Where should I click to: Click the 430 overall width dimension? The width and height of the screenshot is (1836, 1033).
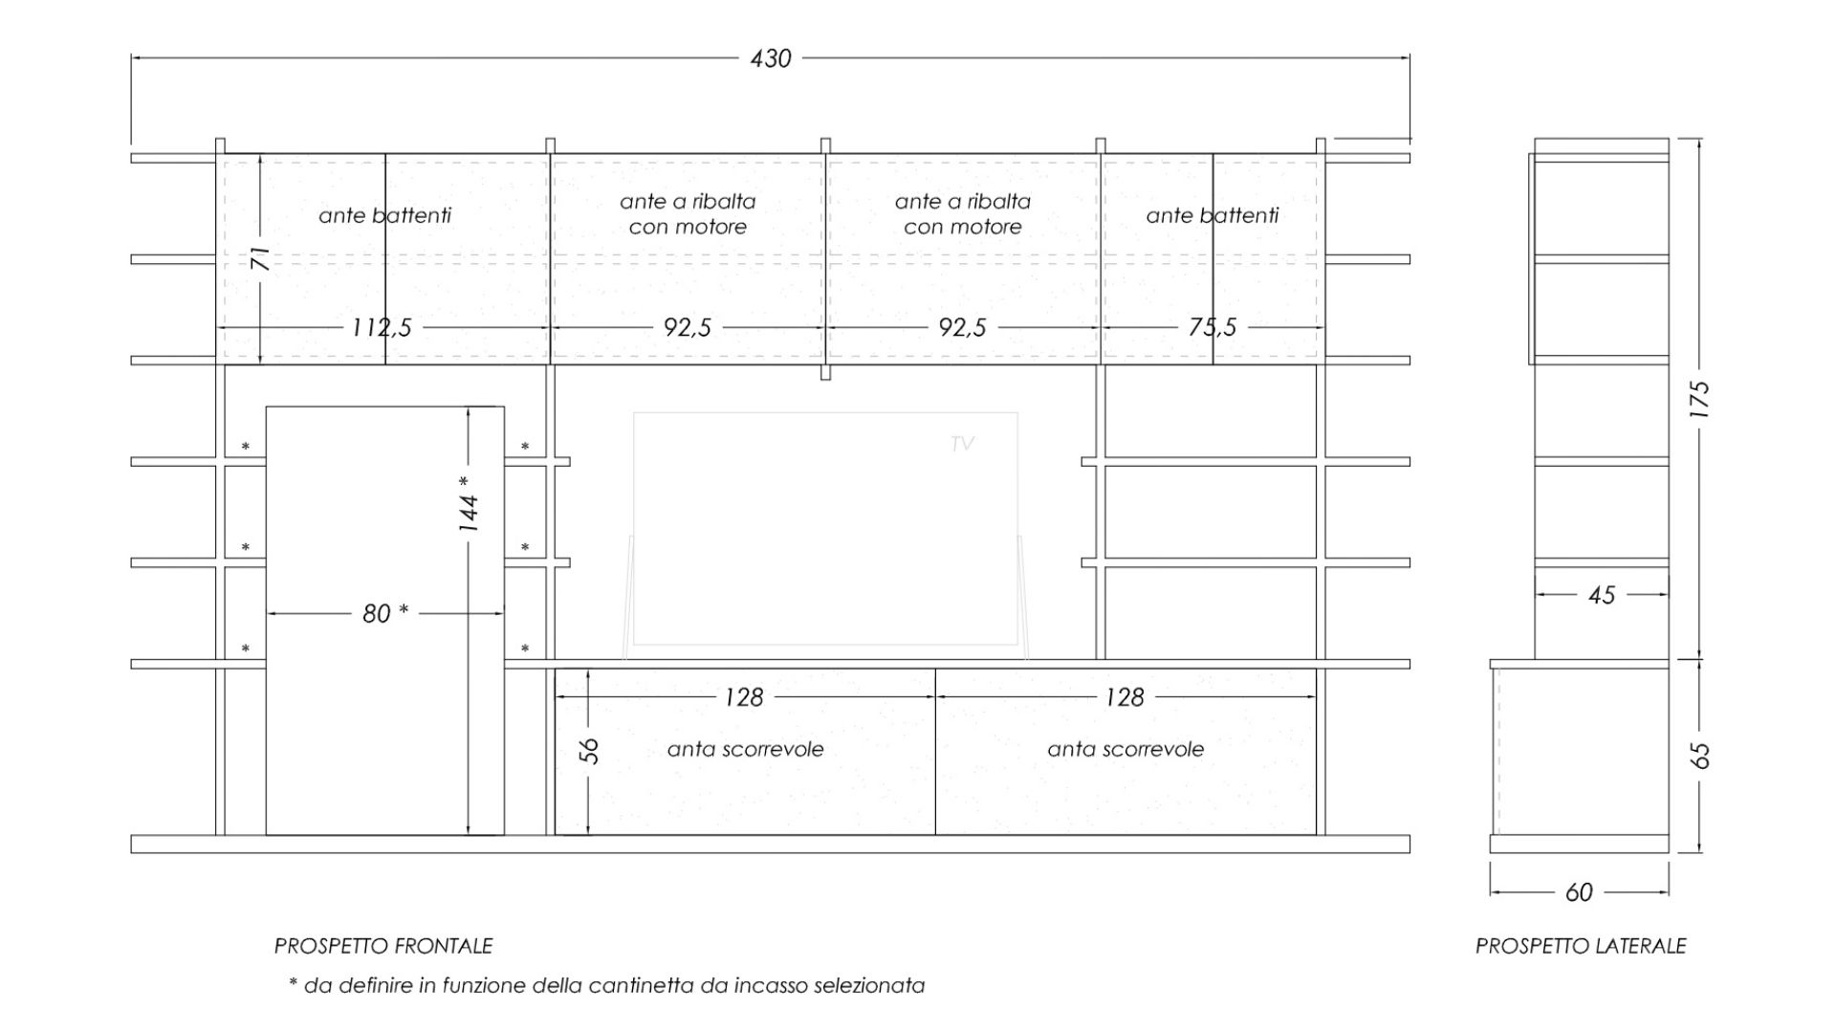[771, 58]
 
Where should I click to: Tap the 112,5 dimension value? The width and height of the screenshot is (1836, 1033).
[382, 328]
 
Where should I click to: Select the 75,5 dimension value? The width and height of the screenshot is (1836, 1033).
[1213, 328]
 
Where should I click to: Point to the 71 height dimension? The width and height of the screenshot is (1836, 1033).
[260, 259]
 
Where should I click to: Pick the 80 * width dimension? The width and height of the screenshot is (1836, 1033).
[385, 613]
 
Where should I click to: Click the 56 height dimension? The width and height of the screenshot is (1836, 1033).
[590, 751]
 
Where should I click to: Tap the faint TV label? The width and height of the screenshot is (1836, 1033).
[962, 444]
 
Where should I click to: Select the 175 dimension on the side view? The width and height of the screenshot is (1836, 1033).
[1699, 400]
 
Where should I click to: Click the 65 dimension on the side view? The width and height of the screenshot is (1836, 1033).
[1699, 756]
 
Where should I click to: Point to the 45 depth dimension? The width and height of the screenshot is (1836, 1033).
[1602, 595]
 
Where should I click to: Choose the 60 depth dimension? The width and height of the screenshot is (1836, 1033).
[1579, 892]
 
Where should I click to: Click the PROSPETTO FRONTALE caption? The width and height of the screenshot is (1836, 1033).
[383, 946]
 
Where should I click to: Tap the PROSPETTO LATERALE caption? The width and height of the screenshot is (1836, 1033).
[1581, 946]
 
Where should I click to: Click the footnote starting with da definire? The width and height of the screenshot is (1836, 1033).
[606, 985]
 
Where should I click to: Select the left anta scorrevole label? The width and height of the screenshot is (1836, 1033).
[746, 749]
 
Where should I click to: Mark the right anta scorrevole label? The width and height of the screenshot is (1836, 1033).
[1126, 749]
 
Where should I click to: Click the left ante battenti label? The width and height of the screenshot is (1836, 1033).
[384, 215]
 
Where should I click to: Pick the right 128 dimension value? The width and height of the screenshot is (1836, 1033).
[1125, 697]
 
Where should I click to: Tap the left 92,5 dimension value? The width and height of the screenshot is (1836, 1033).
[688, 328]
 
